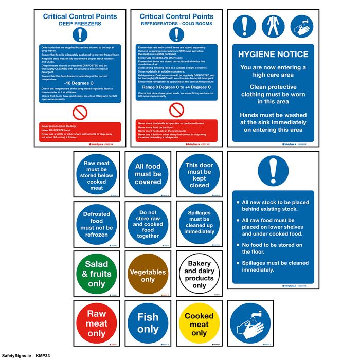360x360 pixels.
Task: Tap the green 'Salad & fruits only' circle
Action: point(97,273)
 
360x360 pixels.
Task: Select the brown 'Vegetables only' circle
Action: point(148,273)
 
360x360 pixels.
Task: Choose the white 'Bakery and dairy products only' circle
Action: point(199,273)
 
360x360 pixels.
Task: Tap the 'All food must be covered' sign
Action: point(148,174)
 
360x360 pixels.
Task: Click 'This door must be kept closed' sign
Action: point(199,174)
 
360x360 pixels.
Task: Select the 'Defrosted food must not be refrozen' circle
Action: point(97,224)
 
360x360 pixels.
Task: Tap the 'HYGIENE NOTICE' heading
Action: point(273,54)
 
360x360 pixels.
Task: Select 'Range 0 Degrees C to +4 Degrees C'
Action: point(176,87)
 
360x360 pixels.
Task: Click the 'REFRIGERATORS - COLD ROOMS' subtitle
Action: point(176,23)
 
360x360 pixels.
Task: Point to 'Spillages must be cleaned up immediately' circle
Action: point(199,224)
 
